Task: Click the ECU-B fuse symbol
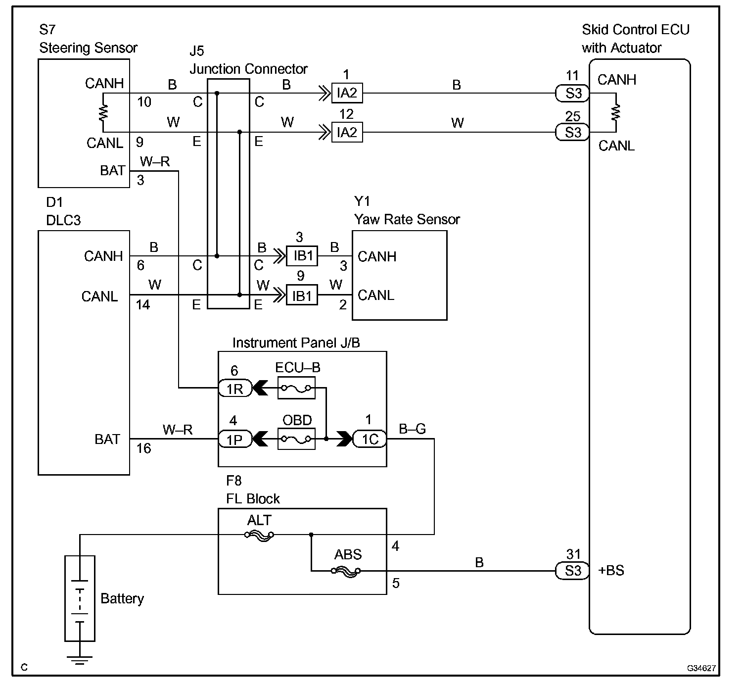pos(296,388)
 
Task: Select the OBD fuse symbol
pos(296,439)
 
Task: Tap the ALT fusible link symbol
pos(259,536)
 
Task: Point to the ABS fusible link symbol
pos(346,571)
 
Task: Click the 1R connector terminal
pos(235,388)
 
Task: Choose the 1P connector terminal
pos(235,440)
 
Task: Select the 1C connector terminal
pos(370,439)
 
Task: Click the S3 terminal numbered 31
pos(572,571)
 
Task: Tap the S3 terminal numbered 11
pos(572,93)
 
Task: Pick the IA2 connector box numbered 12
pos(347,132)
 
